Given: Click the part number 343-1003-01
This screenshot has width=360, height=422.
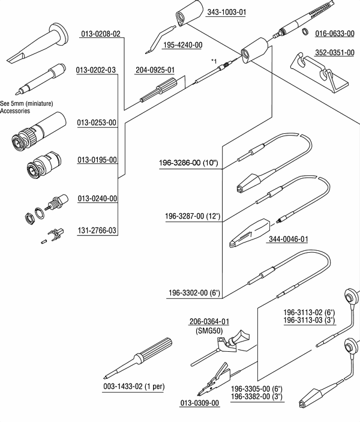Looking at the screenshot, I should point(227,12).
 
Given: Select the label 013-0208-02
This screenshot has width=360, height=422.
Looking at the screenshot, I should point(101,34).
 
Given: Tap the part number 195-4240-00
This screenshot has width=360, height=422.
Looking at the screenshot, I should point(182,45).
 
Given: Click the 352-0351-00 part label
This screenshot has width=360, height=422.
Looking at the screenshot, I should point(335,52).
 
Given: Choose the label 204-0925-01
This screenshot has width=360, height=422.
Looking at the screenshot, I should point(155,70).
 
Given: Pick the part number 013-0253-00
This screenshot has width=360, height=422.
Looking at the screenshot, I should point(97,123).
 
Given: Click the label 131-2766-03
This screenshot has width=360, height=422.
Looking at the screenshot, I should point(97,231).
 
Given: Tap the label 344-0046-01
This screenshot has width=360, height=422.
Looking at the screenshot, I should point(288,239).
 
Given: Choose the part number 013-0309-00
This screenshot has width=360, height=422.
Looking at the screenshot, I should point(200,402).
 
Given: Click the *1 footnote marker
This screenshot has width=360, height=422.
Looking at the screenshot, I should point(214,61).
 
